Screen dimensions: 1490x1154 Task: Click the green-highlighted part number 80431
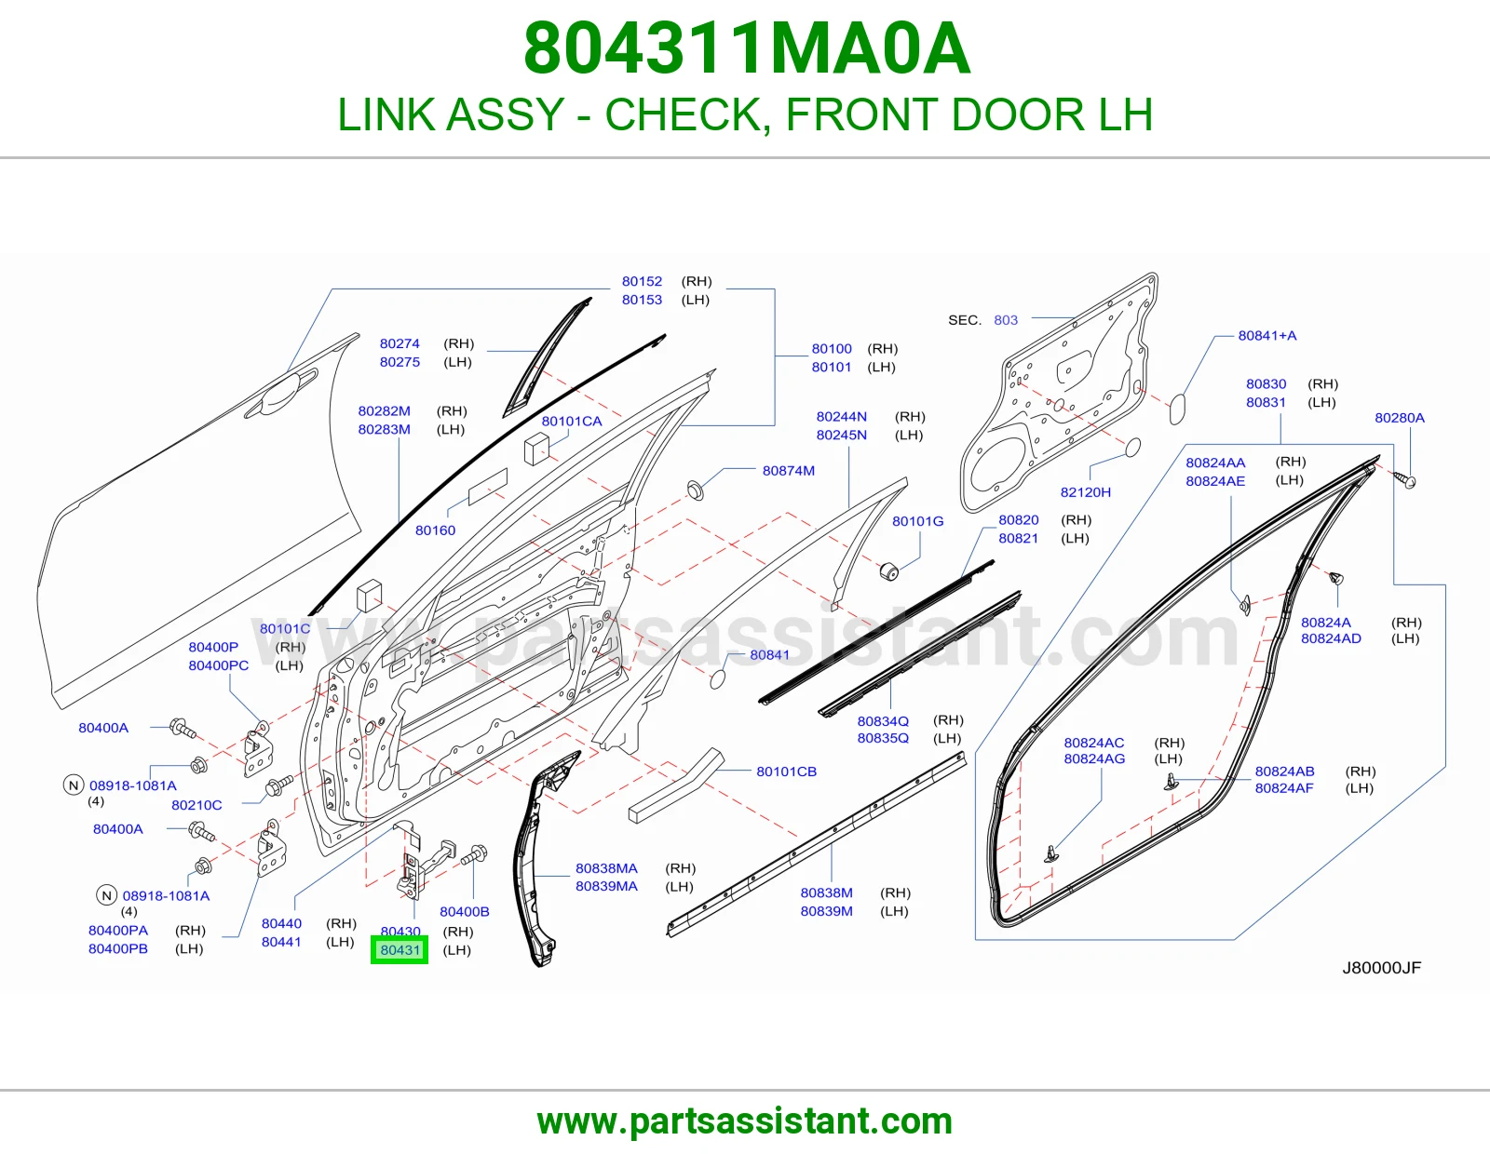[x=400, y=950]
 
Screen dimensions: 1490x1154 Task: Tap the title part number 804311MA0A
[x=747, y=48]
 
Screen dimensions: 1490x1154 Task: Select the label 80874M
[x=789, y=471]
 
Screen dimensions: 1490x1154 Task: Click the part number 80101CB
[x=787, y=772]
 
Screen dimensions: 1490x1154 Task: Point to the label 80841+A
[x=1267, y=336]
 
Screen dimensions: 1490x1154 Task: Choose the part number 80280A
[x=1400, y=418]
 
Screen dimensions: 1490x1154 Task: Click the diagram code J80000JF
[x=1382, y=968]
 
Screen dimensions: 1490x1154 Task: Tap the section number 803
[x=1006, y=320]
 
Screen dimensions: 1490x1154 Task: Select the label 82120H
[x=1086, y=492]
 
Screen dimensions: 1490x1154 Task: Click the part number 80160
[x=436, y=530]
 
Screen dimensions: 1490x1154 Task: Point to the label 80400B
[x=464, y=911]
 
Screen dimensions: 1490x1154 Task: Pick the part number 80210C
[x=196, y=805]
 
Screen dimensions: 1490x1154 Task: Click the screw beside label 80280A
[x=1404, y=479]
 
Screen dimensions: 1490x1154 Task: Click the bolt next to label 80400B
[x=475, y=855]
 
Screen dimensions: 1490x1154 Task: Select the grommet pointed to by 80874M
[x=696, y=490]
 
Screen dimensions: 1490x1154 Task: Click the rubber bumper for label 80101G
[x=889, y=570]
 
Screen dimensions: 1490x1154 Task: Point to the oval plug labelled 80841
[x=717, y=679]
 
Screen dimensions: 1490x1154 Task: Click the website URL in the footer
[x=745, y=1121]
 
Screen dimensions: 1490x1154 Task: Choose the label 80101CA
[x=572, y=422]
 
